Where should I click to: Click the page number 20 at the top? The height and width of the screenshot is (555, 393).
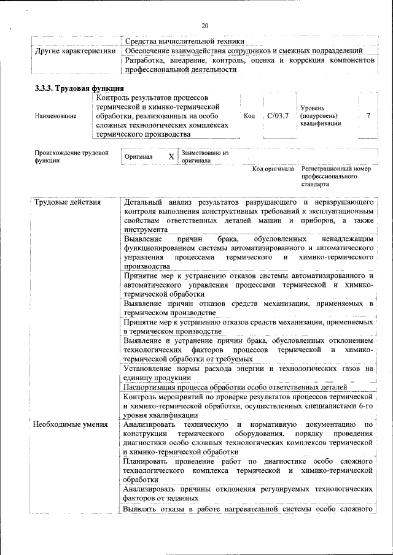pyautogui.click(x=205, y=25)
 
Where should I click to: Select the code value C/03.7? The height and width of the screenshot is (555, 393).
pyautogui.click(x=278, y=115)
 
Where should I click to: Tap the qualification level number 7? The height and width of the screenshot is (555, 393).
pyautogui.click(x=368, y=115)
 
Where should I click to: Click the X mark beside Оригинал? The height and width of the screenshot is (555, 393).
pyautogui.click(x=171, y=156)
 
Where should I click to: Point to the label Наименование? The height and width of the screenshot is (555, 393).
pyautogui.click(x=56, y=116)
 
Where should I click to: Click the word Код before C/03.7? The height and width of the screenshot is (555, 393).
pyautogui.click(x=249, y=116)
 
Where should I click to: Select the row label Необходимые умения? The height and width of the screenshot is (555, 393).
pyautogui.click(x=71, y=424)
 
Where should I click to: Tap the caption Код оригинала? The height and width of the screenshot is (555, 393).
pyautogui.click(x=273, y=169)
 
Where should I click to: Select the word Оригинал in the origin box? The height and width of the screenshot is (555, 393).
pyautogui.click(x=138, y=157)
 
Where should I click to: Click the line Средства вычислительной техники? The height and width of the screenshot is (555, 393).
pyautogui.click(x=184, y=40)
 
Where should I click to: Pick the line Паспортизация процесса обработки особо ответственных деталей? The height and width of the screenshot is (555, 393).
pyautogui.click(x=235, y=387)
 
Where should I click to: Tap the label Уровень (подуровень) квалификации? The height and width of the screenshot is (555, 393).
pyautogui.click(x=319, y=116)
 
